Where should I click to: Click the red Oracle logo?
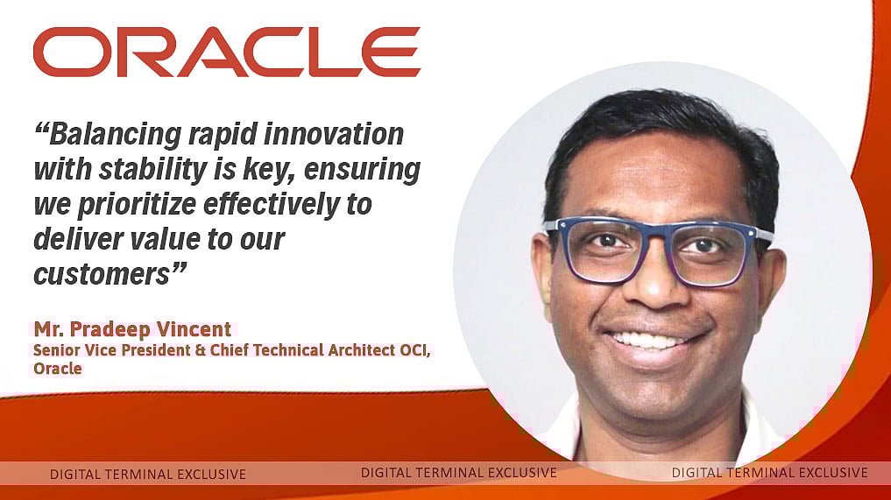pyautogui.click(x=226, y=52)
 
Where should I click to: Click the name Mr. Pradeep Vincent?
pyautogui.click(x=132, y=330)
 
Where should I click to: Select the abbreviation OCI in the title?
pyautogui.click(x=414, y=350)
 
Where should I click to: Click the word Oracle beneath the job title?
pyautogui.click(x=58, y=369)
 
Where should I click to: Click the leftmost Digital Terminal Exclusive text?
pyautogui.click(x=147, y=475)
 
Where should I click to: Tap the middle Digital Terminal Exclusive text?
pyautogui.click(x=458, y=473)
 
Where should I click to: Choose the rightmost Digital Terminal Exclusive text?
pyautogui.click(x=769, y=473)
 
